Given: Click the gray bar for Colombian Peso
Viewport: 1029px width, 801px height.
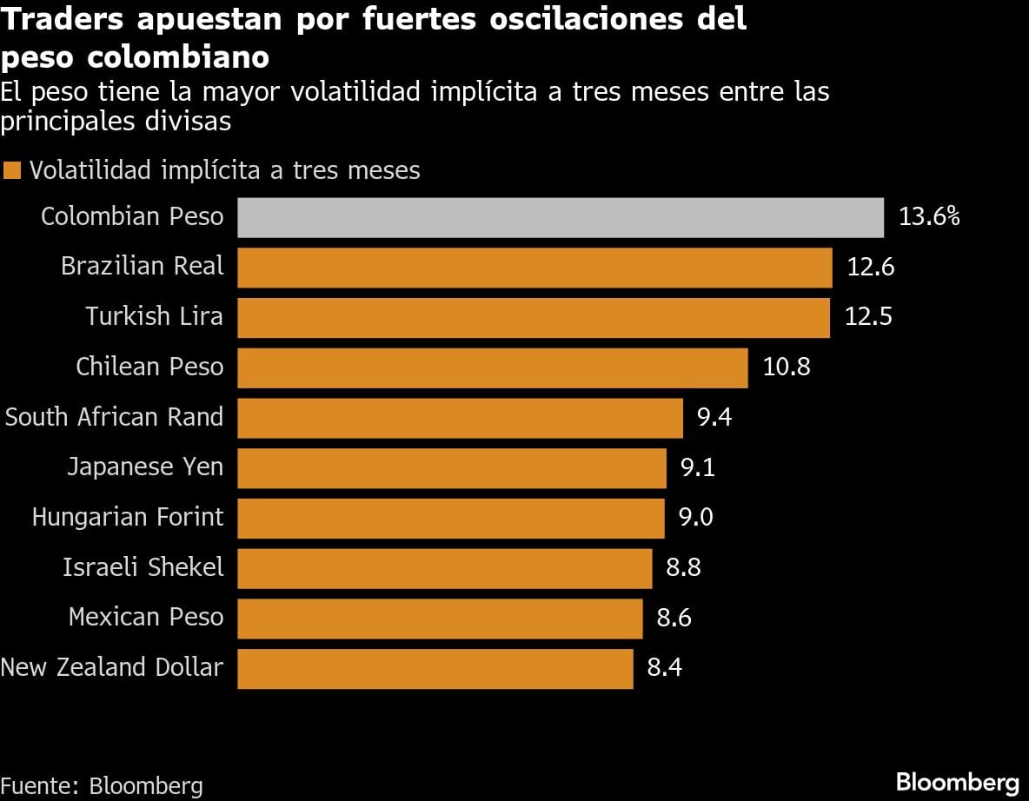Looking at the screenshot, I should [560, 217].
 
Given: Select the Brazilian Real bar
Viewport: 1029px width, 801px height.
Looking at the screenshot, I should [534, 268].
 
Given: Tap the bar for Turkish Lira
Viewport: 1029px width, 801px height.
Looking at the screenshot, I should [533, 317].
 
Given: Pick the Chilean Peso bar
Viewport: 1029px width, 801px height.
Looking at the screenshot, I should [492, 367].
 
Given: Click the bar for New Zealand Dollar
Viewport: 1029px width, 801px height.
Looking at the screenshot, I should [435, 668].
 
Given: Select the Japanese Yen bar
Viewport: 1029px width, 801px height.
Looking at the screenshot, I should [451, 468].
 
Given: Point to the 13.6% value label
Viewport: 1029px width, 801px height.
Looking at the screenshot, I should [928, 217].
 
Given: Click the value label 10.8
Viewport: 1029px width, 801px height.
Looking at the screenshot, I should [786, 367].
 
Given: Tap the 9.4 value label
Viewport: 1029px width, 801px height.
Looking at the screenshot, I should [714, 418].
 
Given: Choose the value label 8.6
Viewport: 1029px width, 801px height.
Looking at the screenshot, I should [674, 618].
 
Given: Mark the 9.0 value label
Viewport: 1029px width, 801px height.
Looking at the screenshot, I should [695, 518].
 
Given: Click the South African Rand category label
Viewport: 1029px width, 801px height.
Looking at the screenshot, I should [115, 417].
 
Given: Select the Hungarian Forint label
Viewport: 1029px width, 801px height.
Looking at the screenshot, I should [128, 518].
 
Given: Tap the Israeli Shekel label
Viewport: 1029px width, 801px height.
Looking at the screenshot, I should [143, 568].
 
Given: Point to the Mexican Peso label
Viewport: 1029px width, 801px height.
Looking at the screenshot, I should [146, 618].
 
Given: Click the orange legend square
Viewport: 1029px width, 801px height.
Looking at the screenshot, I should [11, 170].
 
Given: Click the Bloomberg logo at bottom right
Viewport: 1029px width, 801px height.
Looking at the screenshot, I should [957, 780].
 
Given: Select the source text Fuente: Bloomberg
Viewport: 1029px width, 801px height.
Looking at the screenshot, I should [102, 786].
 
